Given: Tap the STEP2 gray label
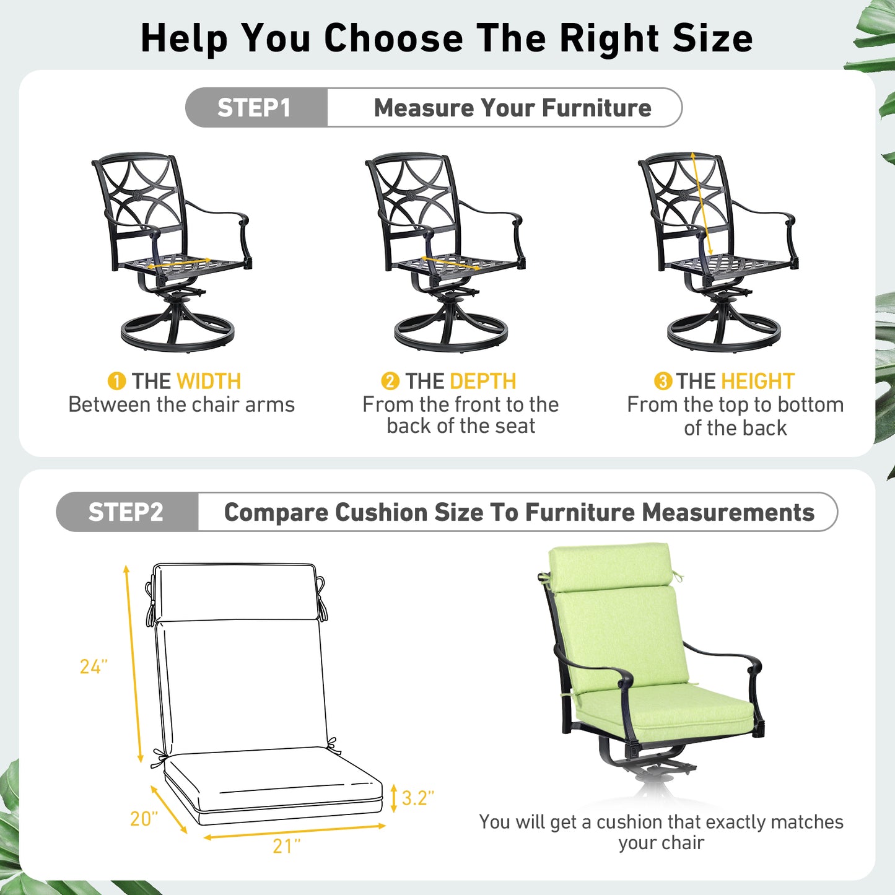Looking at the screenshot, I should click(126, 512).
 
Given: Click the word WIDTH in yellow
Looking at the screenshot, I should click(208, 381).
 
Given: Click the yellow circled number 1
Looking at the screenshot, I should click(116, 381).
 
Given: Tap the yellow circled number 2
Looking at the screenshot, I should click(390, 381).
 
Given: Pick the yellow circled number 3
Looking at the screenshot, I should click(663, 381).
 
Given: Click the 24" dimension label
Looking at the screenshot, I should click(94, 666).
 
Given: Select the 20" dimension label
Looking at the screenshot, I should click(144, 819).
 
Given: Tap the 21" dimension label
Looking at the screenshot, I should click(286, 846).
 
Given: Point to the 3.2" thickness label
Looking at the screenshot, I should click(417, 798).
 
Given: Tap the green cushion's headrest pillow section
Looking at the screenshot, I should click(610, 567).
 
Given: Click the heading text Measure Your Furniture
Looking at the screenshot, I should click(512, 108).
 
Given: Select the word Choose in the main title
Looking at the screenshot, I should click(393, 38).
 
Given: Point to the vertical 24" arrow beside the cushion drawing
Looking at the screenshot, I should click(133, 663).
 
